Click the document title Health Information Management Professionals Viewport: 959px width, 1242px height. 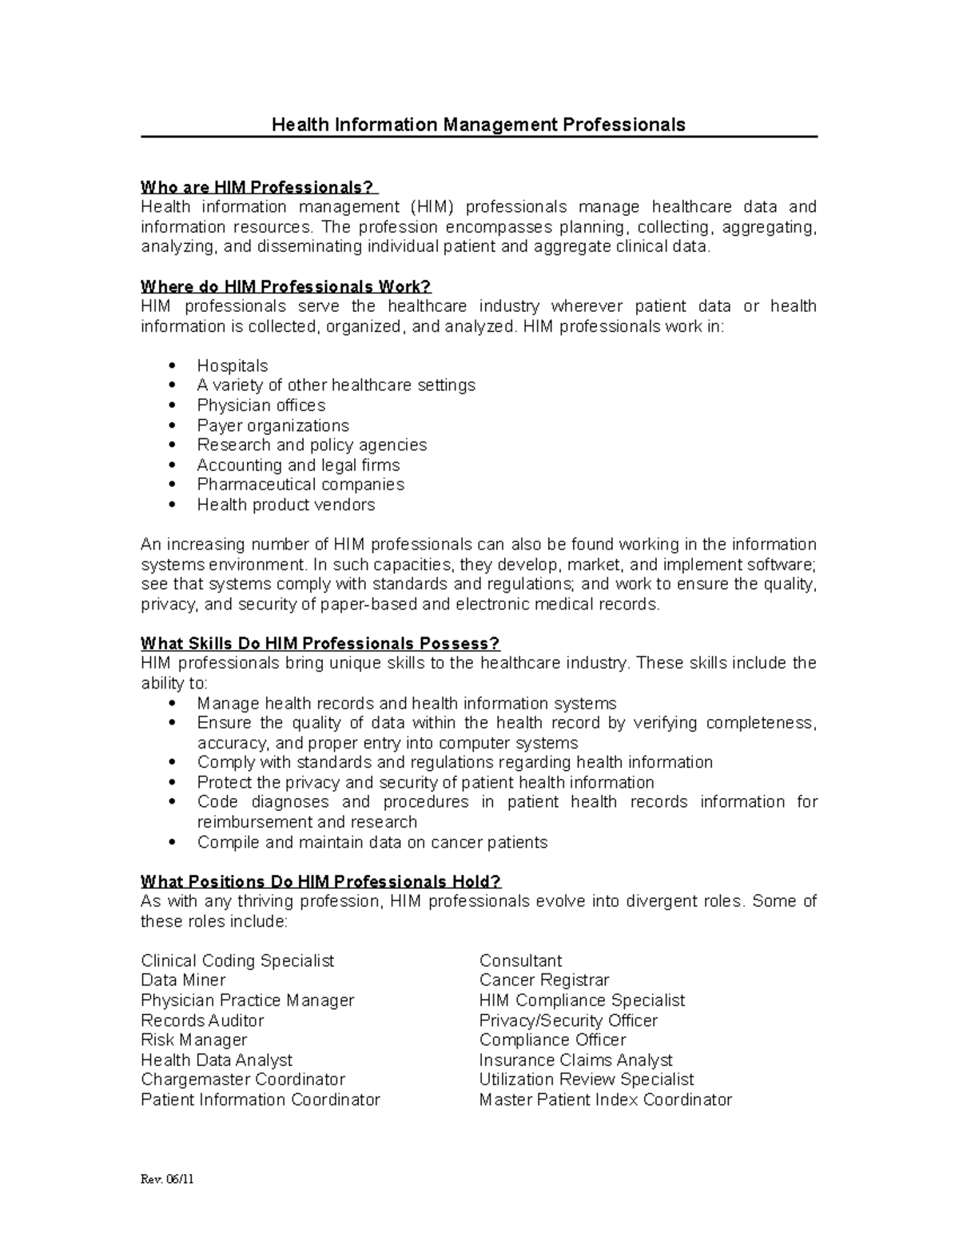pos(478,125)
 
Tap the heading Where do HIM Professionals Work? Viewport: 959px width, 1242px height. pos(285,286)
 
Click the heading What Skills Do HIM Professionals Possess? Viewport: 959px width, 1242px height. pos(320,644)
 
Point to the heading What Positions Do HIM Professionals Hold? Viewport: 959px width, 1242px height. pos(320,881)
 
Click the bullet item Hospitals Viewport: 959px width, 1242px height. pos(233,365)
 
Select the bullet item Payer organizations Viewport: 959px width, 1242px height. pos(273,425)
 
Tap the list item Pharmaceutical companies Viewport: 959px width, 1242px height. pos(300,485)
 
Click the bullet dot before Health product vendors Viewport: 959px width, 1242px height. pos(173,505)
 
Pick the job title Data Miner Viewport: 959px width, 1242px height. pos(183,980)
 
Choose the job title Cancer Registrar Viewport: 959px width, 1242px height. pos(544,980)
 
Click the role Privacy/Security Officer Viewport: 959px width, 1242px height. pos(568,1020)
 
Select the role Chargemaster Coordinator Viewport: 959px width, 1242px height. pos(243,1080)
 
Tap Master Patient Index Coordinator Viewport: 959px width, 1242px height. pos(605,1100)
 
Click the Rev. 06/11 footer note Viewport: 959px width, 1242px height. pos(167,1180)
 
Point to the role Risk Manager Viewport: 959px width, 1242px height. pos(193,1040)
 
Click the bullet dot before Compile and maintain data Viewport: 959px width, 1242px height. pos(173,843)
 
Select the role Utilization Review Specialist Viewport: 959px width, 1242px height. pos(587,1080)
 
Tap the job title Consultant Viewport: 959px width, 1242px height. pos(520,960)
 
